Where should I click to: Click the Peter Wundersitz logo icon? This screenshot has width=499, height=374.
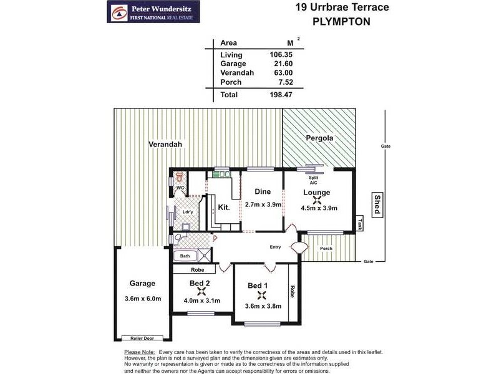click(x=117, y=11)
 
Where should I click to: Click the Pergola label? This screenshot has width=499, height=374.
click(x=318, y=137)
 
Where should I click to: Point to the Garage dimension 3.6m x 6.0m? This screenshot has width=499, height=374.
click(x=143, y=299)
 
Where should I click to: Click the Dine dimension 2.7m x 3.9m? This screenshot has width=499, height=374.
click(x=263, y=204)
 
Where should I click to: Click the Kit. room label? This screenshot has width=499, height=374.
click(x=225, y=208)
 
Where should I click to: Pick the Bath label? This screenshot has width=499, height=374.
click(x=185, y=256)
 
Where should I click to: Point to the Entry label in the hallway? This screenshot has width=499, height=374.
click(x=275, y=247)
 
